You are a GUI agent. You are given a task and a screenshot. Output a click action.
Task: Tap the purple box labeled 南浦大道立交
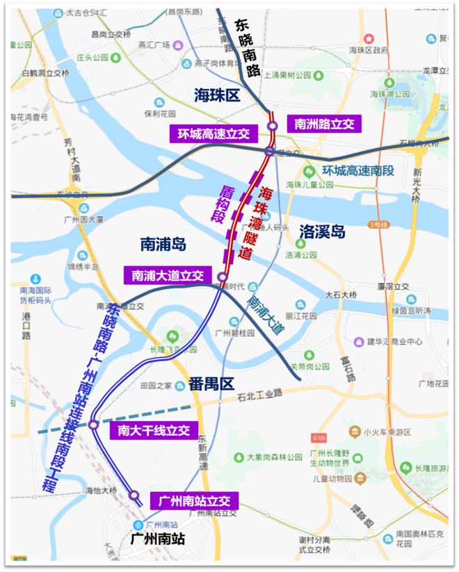pos(167,275)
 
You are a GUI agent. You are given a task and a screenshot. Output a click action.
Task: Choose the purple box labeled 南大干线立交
pos(154,430)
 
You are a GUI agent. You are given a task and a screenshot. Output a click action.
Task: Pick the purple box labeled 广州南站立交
pos(194,500)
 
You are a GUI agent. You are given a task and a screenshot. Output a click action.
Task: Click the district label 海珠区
pos(217,96)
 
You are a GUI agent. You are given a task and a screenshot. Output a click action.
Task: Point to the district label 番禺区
pos(212,383)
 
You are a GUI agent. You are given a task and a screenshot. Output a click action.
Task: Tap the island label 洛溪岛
pos(323,231)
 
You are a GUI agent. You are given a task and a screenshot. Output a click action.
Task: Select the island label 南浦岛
pos(164,244)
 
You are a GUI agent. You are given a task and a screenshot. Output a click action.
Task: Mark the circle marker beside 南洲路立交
pos(273,126)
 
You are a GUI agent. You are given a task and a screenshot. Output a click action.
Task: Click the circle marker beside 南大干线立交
pos(94,424)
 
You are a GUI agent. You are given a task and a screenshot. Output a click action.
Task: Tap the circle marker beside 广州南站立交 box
pos(134,495)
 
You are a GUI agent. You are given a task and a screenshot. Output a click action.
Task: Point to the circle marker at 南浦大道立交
pos(223,277)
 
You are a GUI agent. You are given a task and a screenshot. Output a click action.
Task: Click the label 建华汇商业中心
pos(398,341)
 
